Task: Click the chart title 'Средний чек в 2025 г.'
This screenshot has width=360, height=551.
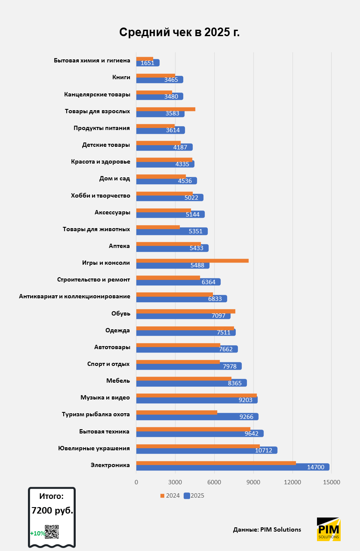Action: [179, 32]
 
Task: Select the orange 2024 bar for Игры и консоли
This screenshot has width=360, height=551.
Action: [192, 260]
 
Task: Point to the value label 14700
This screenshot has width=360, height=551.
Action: [316, 467]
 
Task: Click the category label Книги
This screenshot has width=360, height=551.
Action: [121, 77]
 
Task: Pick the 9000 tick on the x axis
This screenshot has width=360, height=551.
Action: [253, 482]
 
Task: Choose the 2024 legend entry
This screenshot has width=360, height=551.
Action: [170, 495]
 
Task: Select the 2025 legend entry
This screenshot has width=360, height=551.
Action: [194, 495]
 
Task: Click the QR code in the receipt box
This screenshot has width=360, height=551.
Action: [52, 532]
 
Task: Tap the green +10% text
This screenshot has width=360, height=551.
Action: [37, 533]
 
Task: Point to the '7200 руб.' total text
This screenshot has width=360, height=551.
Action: [52, 511]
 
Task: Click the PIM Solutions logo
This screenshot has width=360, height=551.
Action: [328, 529]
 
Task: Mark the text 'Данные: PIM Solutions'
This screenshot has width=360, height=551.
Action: [267, 529]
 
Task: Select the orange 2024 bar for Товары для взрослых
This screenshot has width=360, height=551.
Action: [166, 109]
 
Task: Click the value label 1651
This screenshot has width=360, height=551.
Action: [147, 63]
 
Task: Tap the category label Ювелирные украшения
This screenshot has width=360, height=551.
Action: [94, 448]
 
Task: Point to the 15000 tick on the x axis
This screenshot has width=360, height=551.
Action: [332, 482]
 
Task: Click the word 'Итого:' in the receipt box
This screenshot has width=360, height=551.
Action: [51, 496]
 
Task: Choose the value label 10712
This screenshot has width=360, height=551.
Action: [263, 450]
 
